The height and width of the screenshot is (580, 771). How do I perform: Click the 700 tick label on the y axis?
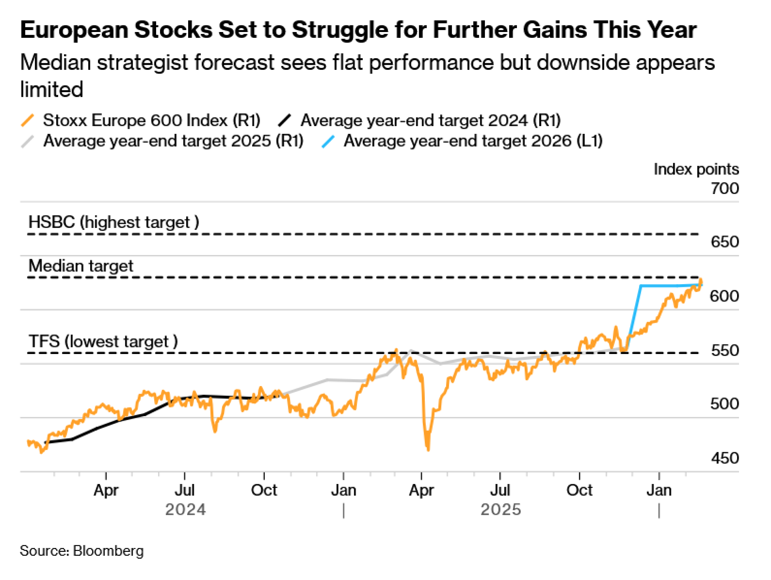pyautogui.click(x=725, y=189)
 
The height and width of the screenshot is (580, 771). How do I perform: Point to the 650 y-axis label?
pyautogui.click(x=725, y=242)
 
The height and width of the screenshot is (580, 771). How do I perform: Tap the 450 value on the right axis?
pyautogui.click(x=725, y=458)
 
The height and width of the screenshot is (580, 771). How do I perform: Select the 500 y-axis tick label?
pyautogui.click(x=725, y=404)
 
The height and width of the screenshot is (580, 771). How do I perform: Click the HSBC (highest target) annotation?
pyautogui.click(x=114, y=223)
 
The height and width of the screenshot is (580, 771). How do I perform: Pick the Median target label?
pyautogui.click(x=81, y=266)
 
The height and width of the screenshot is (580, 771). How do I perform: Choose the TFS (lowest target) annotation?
pyautogui.click(x=103, y=342)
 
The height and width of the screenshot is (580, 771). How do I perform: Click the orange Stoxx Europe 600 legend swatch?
pyautogui.click(x=28, y=120)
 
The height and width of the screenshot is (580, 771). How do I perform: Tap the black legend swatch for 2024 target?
pyautogui.click(x=284, y=120)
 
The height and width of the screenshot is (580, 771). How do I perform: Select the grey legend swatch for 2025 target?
pyautogui.click(x=28, y=141)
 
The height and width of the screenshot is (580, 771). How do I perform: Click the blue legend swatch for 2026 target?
pyautogui.click(x=328, y=141)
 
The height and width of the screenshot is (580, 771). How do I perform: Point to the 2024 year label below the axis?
pyautogui.click(x=185, y=510)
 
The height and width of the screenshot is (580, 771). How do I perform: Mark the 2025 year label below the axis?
pyautogui.click(x=501, y=510)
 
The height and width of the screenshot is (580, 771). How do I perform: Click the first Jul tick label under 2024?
pyautogui.click(x=185, y=491)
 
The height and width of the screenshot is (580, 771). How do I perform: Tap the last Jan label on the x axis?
pyautogui.click(x=659, y=491)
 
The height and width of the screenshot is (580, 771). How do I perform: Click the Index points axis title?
pyautogui.click(x=696, y=169)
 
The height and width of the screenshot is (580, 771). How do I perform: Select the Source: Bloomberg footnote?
pyautogui.click(x=82, y=551)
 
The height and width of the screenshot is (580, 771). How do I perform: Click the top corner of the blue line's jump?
pyautogui.click(x=641, y=286)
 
